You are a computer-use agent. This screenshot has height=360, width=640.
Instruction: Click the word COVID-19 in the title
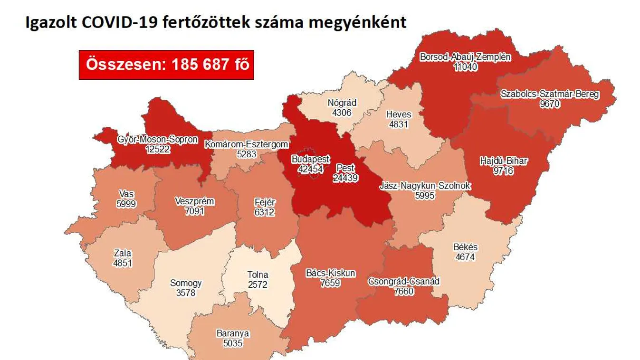(124, 22)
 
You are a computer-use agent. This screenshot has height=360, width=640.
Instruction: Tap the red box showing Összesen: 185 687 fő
(166, 65)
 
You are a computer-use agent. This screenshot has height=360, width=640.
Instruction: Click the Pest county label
(345, 168)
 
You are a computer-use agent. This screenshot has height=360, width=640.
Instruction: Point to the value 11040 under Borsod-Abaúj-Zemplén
(465, 67)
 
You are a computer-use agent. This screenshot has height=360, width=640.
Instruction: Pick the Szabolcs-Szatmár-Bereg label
(550, 94)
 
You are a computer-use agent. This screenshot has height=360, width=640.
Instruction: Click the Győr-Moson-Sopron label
(158, 140)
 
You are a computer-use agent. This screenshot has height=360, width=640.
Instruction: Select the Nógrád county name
(342, 103)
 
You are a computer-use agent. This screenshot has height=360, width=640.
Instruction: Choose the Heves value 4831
(399, 124)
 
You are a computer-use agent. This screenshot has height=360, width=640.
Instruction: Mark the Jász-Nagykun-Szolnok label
(425, 186)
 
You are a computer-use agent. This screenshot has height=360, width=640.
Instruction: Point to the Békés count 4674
(466, 257)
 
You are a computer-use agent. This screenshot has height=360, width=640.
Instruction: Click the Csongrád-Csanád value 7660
(403, 291)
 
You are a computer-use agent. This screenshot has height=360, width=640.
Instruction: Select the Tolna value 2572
(258, 285)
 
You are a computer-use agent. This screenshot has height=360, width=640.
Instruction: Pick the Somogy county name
(186, 284)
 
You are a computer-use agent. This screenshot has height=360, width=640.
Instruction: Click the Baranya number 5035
(232, 343)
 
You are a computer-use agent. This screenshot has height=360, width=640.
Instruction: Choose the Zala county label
(123, 253)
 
